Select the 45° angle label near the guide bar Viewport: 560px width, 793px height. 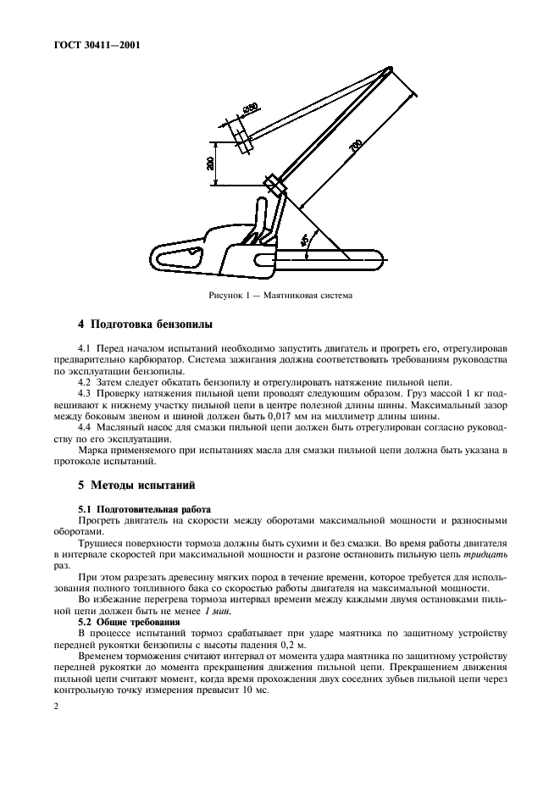(x=305, y=241)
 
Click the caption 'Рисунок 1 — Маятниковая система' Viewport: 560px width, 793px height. (x=279, y=296)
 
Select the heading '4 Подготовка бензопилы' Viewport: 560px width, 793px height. (x=146, y=324)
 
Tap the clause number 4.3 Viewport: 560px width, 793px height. (x=84, y=394)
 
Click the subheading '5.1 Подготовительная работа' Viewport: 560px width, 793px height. (x=144, y=508)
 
